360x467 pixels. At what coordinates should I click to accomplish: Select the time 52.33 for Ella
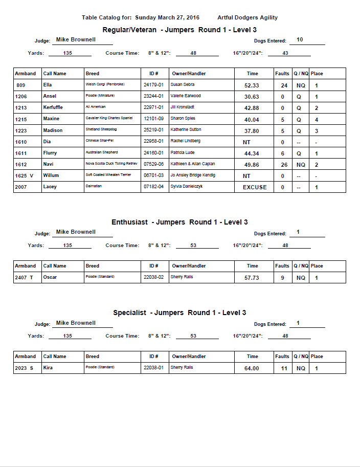point(252,85)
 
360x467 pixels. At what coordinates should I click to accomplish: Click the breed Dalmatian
point(93,187)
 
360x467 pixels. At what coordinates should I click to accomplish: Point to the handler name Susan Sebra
point(183,85)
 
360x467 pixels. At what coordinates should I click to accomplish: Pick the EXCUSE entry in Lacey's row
point(255,187)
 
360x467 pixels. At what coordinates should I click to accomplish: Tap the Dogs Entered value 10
point(300,39)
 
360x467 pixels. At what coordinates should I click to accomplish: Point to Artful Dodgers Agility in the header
point(247,17)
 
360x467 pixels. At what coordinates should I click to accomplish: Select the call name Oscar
point(50,277)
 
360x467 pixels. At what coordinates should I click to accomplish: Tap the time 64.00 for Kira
point(252,368)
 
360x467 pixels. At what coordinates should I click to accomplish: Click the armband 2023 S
point(25,368)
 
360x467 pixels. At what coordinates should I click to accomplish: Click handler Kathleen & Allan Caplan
point(193,164)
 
